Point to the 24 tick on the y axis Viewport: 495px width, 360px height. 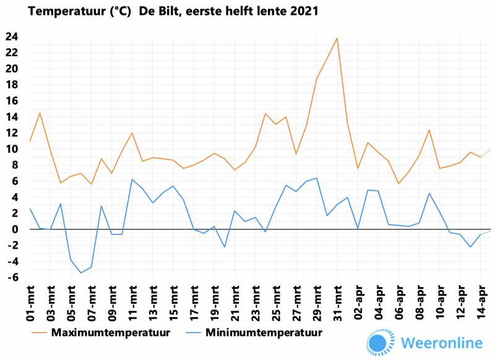pos(12,36)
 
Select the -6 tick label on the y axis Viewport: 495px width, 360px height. pos(12,278)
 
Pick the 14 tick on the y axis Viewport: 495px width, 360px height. pos(12,117)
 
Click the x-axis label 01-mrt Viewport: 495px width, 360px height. pos(30,304)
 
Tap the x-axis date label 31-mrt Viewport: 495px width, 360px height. pos(337,304)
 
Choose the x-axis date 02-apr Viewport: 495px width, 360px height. pos(358,304)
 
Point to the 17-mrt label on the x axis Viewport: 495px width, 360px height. pos(194,304)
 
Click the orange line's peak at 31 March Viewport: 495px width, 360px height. pos(337,38)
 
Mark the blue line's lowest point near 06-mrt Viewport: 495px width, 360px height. pos(81,273)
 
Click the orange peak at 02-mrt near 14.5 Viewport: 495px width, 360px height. pos(40,113)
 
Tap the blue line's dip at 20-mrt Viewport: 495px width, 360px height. pos(224,247)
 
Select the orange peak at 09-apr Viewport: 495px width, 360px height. pos(429,129)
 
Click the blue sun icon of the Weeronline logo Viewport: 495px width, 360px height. pos(380,343)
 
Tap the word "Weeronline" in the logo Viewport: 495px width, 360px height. pos(442,343)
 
